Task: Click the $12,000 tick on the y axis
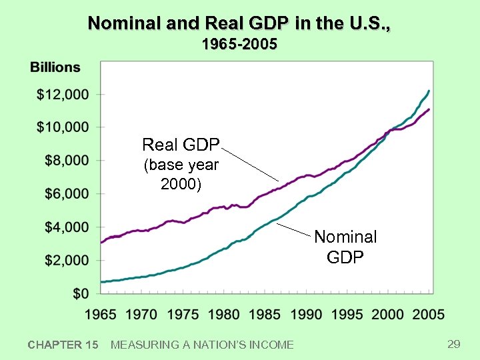[x=63, y=95]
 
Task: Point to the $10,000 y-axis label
[x=63, y=127]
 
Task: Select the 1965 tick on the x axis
[x=100, y=314]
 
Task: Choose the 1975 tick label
[x=183, y=314]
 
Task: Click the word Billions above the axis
[x=55, y=67]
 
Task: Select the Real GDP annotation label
[x=181, y=145]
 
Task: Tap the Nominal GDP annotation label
[x=345, y=247]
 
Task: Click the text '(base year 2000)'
[x=181, y=175]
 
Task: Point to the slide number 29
[x=454, y=344]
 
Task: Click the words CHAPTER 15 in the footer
[x=63, y=345]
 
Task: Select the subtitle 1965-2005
[x=239, y=45]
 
